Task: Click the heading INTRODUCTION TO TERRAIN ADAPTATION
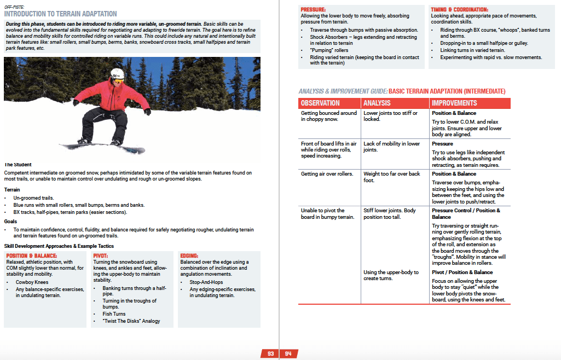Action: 60,14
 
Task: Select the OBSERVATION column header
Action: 320,103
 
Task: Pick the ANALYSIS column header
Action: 377,103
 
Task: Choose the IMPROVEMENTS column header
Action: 454,103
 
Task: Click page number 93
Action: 270,353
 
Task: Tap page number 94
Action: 288,353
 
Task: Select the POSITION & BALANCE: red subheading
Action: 31,256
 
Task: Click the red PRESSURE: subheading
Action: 314,10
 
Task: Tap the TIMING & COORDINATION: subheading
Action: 459,10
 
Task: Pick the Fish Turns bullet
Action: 114,314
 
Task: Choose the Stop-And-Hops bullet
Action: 204,282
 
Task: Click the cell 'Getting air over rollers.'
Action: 327,174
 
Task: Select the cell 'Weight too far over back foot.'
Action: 391,177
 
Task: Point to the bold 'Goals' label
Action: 10,222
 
